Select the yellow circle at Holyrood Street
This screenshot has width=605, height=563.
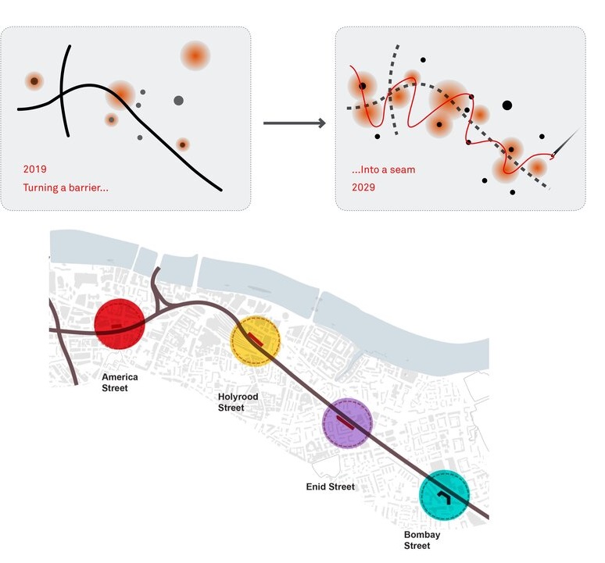[255, 340]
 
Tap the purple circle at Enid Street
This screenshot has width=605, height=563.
[347, 422]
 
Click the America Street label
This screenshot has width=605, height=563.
[120, 383]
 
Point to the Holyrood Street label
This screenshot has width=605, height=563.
[238, 402]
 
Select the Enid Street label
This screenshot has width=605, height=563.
[330, 486]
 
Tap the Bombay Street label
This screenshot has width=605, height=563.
[417, 540]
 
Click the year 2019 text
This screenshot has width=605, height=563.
[35, 169]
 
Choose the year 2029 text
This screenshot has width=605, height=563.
[363, 187]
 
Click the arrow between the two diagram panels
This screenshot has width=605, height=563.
[294, 123]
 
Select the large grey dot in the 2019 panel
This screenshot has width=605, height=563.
[178, 100]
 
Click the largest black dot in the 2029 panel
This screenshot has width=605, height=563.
[507, 105]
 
